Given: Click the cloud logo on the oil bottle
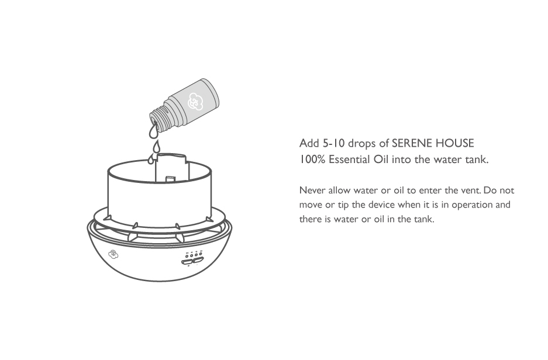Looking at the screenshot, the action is point(195,102).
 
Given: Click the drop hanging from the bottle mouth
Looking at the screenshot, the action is point(153,130).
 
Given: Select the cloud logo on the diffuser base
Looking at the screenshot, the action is point(113,255).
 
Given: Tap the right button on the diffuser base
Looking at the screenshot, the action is point(198,260).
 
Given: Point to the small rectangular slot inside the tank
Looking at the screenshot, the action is point(170,179).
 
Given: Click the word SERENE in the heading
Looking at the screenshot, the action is point(411,143).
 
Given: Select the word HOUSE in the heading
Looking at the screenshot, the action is point(454,143).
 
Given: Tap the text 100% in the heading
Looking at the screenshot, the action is point(312,160).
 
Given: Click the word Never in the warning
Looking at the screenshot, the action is point(312,191).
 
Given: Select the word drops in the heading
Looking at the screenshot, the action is point(362,144).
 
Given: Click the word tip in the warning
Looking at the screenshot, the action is point(343,205).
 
